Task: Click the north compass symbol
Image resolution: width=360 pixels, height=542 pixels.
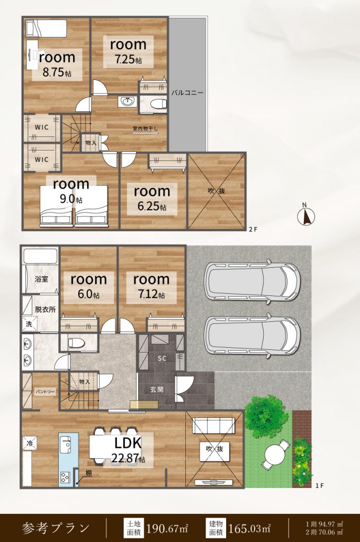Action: click(306, 216)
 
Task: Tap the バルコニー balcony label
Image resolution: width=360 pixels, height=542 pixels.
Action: click(187, 93)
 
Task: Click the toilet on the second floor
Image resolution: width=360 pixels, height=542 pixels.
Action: click(159, 103)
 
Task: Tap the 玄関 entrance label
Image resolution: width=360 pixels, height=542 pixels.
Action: click(156, 389)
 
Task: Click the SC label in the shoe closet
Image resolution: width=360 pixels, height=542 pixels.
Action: click(162, 358)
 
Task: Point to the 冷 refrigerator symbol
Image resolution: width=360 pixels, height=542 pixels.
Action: click(30, 443)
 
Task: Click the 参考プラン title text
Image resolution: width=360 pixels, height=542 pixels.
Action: click(56, 528)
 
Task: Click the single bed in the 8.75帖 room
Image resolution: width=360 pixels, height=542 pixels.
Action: click(46, 28)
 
